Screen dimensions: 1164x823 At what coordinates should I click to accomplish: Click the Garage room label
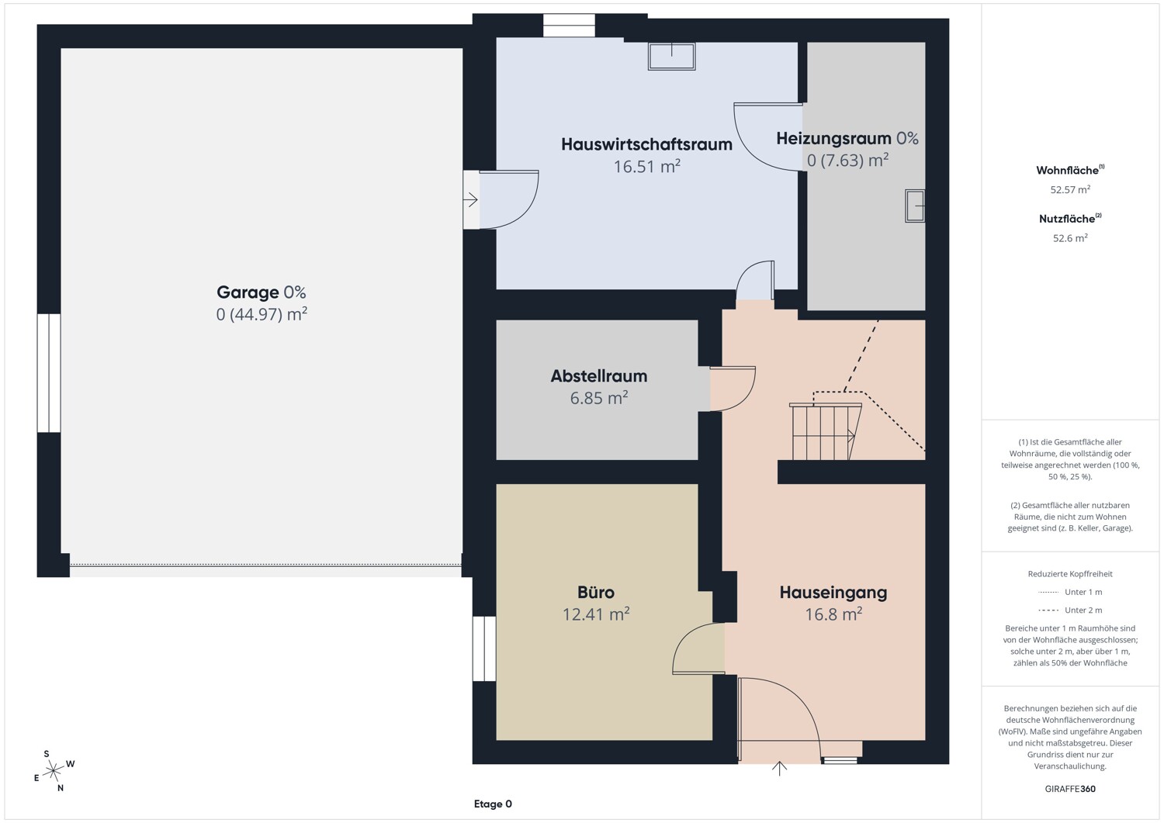click(x=248, y=292)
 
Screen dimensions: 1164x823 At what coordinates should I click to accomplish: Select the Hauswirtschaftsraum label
click(x=646, y=144)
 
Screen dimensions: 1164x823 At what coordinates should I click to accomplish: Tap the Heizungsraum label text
click(x=833, y=139)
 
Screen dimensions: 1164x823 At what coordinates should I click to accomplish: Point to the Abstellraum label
click(x=599, y=375)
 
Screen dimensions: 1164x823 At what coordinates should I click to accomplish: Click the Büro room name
click(x=596, y=593)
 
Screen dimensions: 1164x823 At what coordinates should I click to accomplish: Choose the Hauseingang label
click(x=833, y=593)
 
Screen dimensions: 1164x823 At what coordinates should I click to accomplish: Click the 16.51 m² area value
click(x=647, y=166)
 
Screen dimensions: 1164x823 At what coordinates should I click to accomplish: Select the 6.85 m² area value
click(x=599, y=398)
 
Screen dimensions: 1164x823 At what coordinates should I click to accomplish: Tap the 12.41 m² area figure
click(x=596, y=614)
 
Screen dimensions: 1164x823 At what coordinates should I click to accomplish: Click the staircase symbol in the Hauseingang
click(x=825, y=431)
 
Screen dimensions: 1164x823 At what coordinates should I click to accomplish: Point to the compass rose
click(x=54, y=771)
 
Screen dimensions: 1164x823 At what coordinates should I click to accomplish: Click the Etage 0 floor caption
click(x=493, y=804)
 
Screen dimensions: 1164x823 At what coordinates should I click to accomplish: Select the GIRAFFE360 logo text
click(x=1070, y=789)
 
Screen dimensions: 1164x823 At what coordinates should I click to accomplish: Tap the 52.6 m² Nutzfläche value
click(x=1070, y=238)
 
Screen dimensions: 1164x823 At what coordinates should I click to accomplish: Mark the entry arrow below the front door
click(x=779, y=769)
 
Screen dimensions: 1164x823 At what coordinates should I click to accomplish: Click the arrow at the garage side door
click(x=470, y=199)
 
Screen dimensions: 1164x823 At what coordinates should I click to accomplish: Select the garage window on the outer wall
click(x=49, y=373)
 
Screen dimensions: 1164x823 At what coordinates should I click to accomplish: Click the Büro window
click(x=484, y=648)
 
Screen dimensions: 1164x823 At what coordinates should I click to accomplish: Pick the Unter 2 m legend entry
click(x=1070, y=610)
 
